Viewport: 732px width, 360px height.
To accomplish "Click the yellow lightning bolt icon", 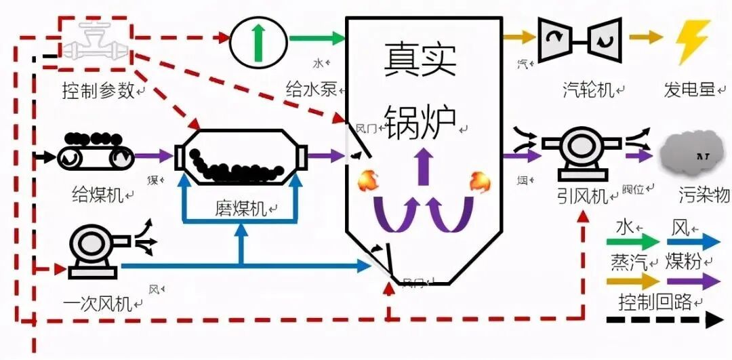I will click(x=693, y=42).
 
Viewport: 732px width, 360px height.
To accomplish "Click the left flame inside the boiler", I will click(x=368, y=181).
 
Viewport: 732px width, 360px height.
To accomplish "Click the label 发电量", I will click(x=690, y=89).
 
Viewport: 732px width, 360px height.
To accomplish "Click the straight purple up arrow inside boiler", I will click(x=424, y=166).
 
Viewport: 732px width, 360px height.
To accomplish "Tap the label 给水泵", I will click(x=311, y=89).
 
